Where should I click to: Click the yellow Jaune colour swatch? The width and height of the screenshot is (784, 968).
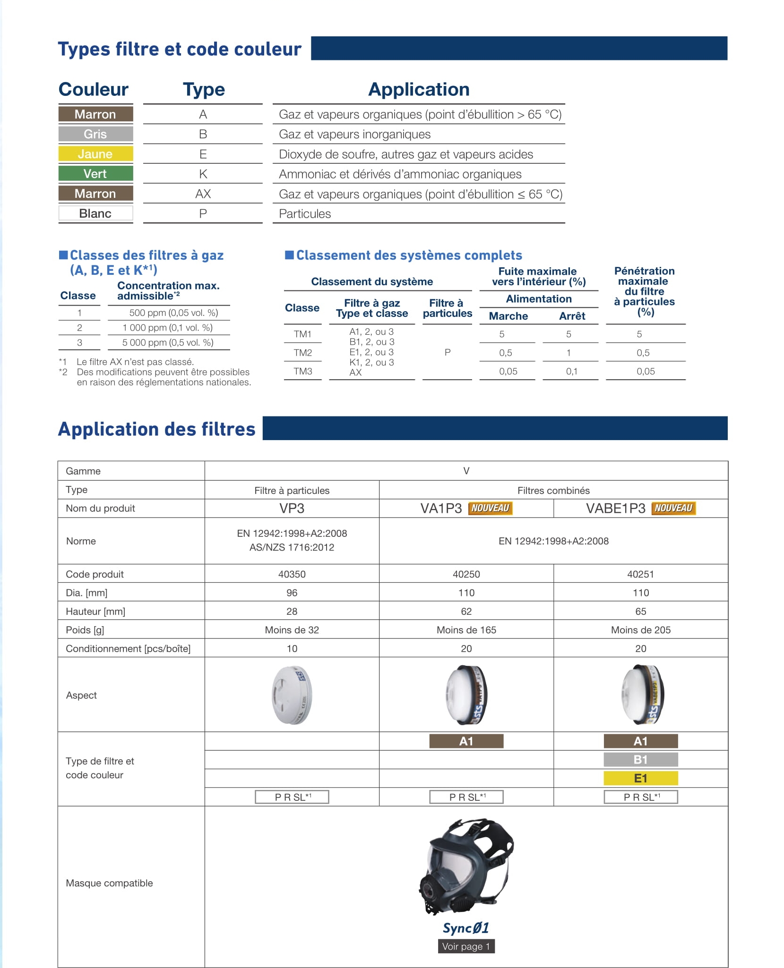pos(95,154)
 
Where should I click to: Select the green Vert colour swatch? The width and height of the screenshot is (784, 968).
pos(95,174)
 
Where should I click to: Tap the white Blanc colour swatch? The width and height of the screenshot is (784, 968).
pos(95,213)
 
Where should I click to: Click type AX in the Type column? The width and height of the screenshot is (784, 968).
pos(203,194)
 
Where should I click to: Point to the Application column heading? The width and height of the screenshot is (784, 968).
pos(419,89)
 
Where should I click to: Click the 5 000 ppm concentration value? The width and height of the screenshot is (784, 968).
pos(168,342)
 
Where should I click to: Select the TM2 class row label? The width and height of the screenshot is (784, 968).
pos(303,353)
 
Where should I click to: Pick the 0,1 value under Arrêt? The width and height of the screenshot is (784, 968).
pos(571,371)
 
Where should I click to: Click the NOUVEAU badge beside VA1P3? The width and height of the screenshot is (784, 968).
pos(490,508)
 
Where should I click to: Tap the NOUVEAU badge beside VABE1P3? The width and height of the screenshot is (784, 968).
pos(673,508)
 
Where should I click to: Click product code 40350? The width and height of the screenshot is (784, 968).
pos(292,574)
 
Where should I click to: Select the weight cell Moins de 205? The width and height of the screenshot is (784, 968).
pos(640,630)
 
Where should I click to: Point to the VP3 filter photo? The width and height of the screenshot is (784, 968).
pos(292,695)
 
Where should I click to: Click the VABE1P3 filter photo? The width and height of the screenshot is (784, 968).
pos(642,695)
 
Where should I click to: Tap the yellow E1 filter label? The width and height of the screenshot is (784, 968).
pos(640,778)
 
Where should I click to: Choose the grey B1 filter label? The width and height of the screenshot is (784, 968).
pos(640,760)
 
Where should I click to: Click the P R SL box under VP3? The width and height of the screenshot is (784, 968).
pos(292,797)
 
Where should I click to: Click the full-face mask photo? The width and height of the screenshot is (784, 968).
pos(466,866)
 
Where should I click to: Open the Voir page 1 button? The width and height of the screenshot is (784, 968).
pos(466,946)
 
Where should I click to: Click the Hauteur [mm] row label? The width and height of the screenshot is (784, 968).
pos(95,611)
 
